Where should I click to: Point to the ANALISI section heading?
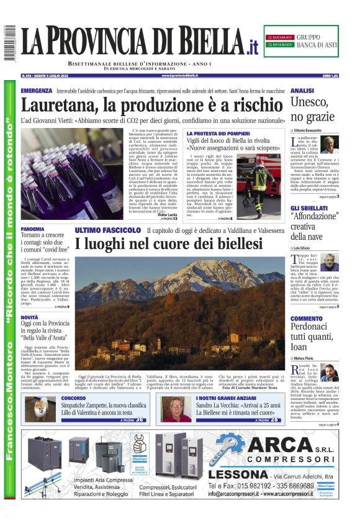coord(302,91)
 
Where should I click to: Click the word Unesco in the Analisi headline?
coord(310,103)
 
